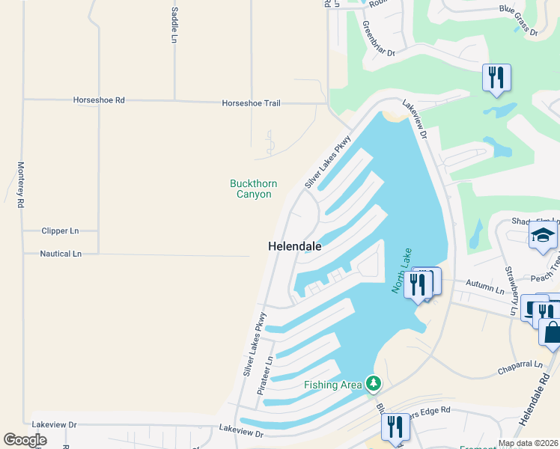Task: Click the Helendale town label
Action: [x=295, y=246]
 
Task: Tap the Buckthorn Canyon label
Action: [x=254, y=189]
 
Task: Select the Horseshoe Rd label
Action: [x=99, y=100]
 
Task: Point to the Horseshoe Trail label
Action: [x=251, y=103]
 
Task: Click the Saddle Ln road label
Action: [x=174, y=25]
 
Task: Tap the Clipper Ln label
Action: [x=61, y=231]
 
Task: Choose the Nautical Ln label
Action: [x=61, y=254]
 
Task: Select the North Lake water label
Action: [x=401, y=270]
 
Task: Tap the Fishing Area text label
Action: [x=332, y=385]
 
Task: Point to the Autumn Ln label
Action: [x=485, y=288]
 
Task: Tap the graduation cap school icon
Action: [x=543, y=236]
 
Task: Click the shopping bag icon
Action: [x=552, y=332]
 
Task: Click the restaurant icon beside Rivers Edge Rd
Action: [x=395, y=427]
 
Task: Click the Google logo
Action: [x=25, y=440]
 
